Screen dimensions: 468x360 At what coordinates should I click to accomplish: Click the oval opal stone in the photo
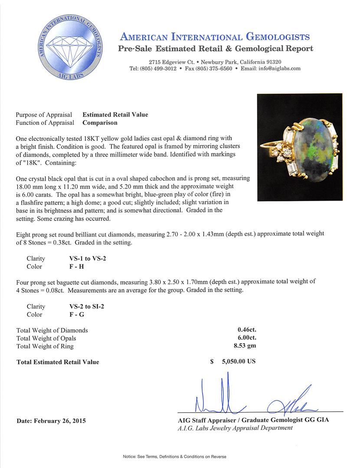312,147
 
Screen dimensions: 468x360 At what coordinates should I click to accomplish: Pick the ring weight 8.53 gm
245,346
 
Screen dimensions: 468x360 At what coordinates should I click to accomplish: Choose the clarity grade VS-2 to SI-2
84,306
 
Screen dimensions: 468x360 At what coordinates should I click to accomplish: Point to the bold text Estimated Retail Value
115,115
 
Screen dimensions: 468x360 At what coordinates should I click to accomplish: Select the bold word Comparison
100,123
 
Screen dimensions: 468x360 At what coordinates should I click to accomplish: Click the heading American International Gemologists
215,37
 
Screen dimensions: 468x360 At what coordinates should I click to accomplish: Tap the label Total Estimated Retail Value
58,362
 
